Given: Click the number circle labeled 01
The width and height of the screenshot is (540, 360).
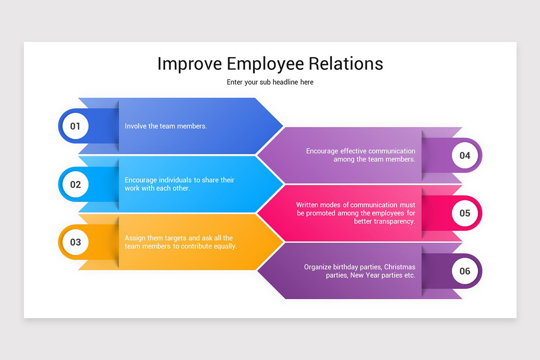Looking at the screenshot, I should point(75,126).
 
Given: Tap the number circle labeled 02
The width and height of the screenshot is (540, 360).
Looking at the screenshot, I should point(75,184).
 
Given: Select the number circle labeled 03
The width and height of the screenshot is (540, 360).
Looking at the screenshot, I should point(75,242).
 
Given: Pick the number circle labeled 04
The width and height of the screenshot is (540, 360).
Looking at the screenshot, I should point(464,155).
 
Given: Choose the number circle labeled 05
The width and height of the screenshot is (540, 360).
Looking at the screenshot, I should point(464,213).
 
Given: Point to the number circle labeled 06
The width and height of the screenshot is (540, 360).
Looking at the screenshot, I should point(464,271).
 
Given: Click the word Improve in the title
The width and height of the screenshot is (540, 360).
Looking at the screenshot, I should point(189,64).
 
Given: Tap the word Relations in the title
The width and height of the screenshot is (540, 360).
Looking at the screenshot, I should point(346,64).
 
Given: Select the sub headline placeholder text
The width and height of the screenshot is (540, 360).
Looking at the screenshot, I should point(270,82).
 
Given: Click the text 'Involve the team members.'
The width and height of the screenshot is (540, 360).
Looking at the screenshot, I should point(166,126).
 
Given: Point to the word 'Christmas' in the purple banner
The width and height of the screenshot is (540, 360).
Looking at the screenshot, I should point(400,267).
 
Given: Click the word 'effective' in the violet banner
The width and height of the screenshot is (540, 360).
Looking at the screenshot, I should point(355,151).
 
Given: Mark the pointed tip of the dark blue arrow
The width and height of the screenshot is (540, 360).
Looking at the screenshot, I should point(282,126).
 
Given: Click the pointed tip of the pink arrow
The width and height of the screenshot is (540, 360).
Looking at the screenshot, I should point(258,213).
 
